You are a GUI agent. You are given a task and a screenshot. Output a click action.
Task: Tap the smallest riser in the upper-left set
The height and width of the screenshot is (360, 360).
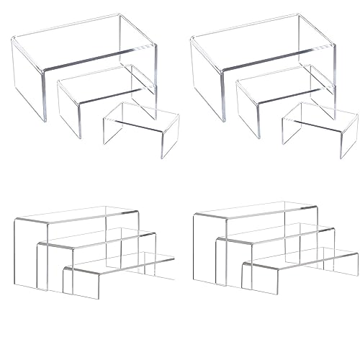click(140, 115)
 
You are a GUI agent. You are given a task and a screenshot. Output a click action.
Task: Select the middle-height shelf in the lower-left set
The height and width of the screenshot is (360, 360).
click(97, 238)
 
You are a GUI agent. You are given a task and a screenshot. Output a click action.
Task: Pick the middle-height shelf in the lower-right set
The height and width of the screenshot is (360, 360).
click(277, 233)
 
